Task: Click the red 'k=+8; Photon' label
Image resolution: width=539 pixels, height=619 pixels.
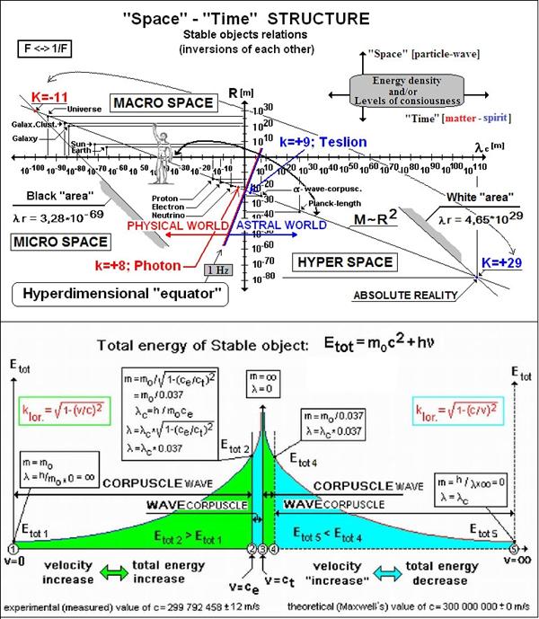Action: point(144,265)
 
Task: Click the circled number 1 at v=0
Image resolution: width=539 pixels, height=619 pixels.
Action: point(12,549)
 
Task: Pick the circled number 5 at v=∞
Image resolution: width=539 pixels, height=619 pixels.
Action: point(514,549)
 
